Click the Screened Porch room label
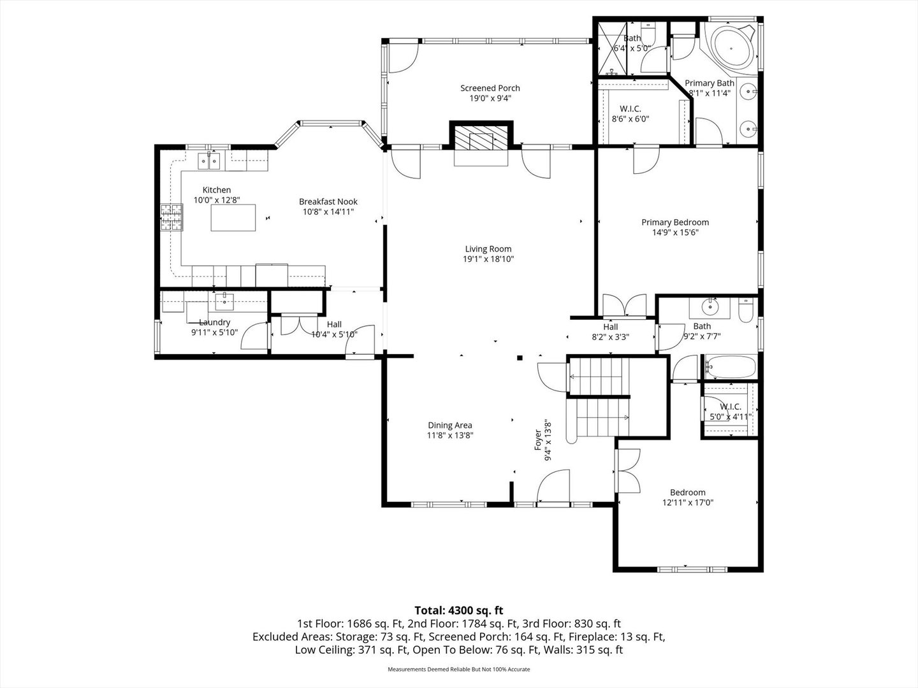[490, 88]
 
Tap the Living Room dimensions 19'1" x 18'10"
[488, 259]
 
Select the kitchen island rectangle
[233, 218]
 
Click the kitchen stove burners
[172, 217]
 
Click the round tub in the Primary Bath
[734, 48]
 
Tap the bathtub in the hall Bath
[731, 366]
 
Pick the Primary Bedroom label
[675, 222]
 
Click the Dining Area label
[449, 426]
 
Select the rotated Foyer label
[538, 440]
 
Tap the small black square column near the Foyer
[520, 357]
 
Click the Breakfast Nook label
[328, 201]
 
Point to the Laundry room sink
[224, 301]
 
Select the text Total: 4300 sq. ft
[459, 610]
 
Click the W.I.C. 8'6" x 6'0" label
[630, 113]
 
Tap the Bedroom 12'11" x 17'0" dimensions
[688, 503]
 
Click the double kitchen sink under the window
[208, 161]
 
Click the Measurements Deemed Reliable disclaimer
[459, 669]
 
